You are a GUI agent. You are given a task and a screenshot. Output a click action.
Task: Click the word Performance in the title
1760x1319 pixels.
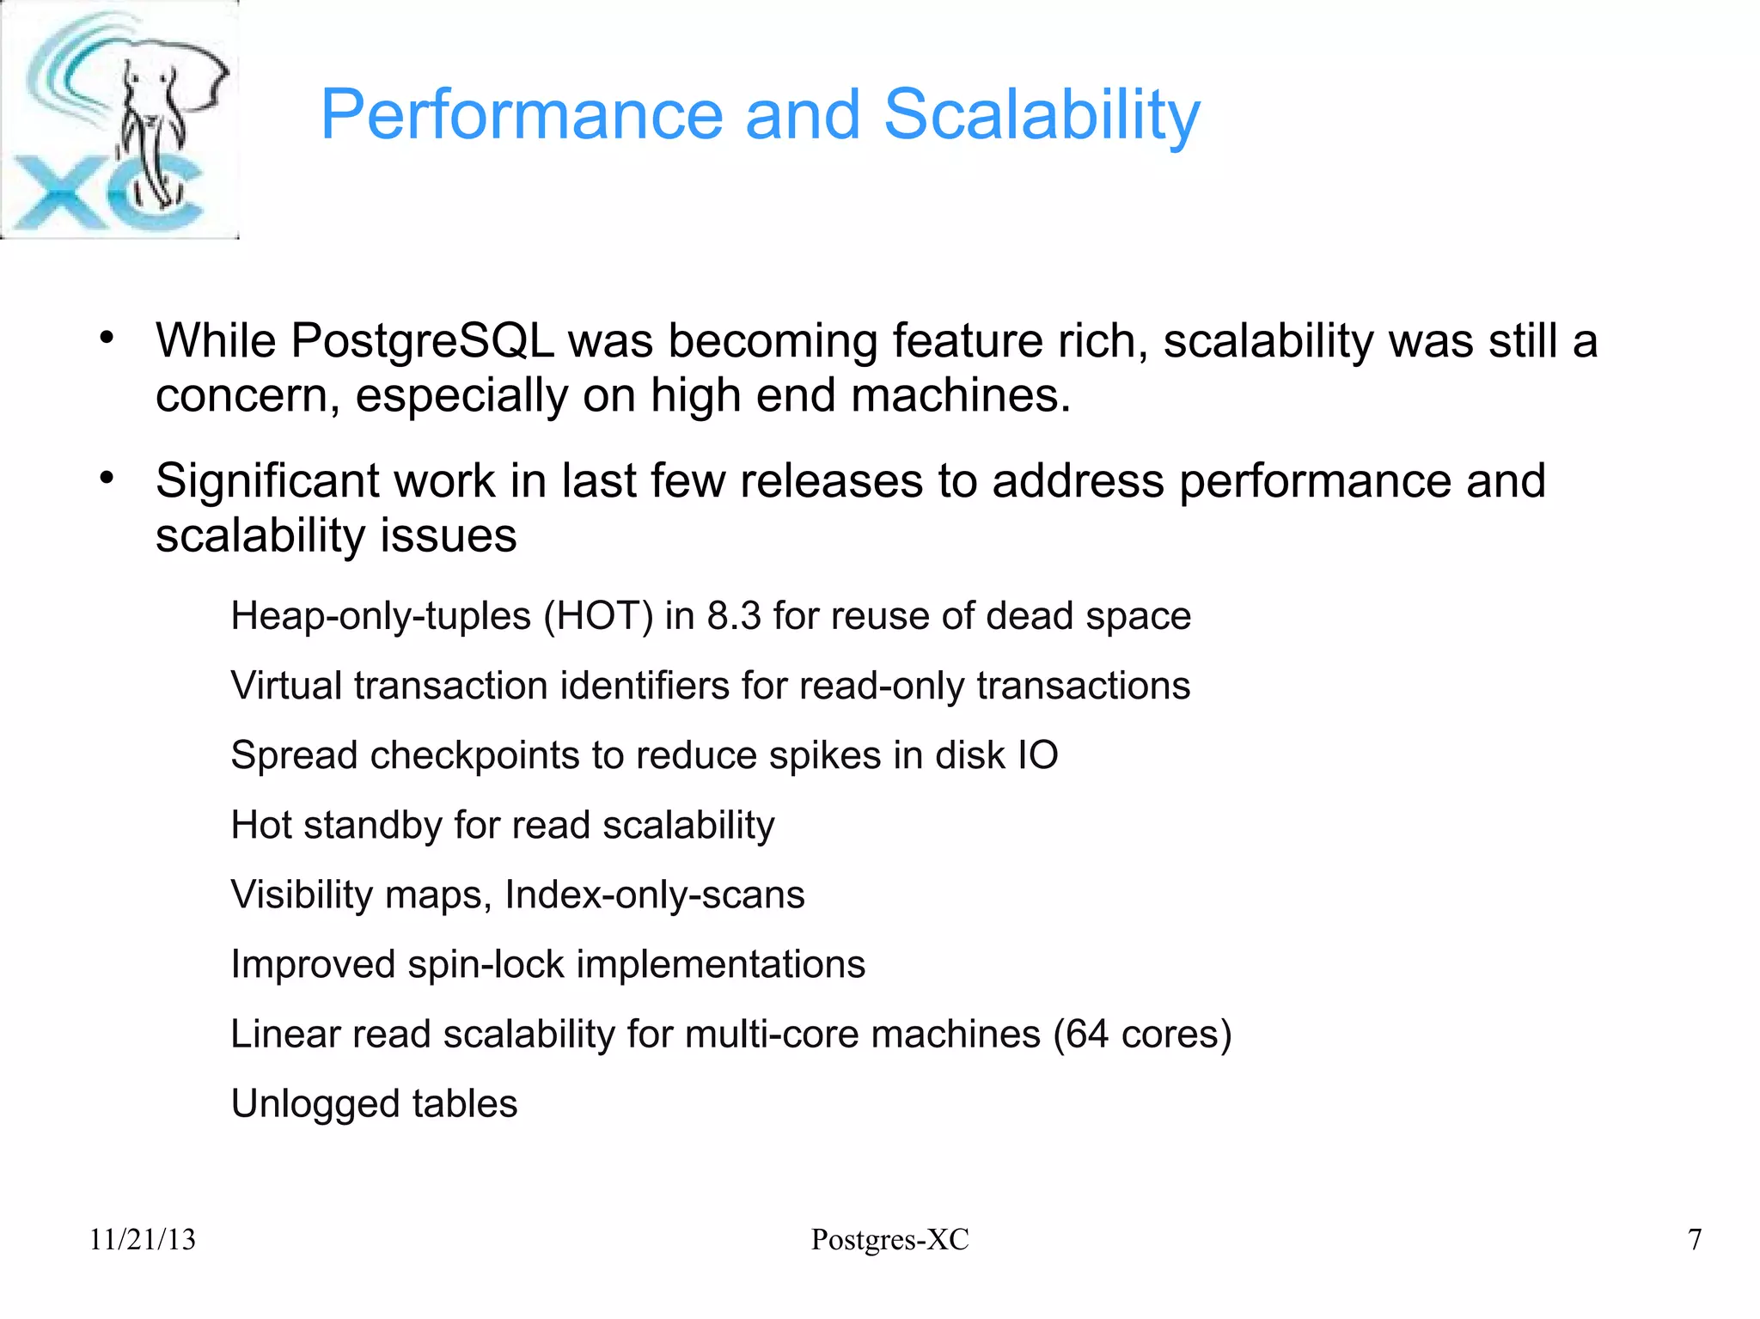tap(522, 115)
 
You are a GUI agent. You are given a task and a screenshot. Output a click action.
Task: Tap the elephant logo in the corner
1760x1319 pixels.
tap(119, 120)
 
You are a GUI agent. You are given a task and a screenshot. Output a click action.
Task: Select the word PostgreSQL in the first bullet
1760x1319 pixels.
tap(423, 341)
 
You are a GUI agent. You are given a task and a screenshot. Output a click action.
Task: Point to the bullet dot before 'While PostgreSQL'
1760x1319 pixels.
tap(106, 338)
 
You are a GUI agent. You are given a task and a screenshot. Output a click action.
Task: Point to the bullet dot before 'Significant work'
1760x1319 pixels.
tap(106, 478)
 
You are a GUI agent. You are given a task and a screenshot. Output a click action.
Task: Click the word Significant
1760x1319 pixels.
tap(266, 481)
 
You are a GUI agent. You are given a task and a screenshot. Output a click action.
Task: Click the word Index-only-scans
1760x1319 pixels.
tap(654, 895)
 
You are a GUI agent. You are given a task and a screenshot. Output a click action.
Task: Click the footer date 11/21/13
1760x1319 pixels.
tap(143, 1240)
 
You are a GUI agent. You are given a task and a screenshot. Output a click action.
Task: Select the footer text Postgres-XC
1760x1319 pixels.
tap(889, 1240)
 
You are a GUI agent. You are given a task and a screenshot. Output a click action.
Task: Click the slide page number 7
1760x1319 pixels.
tap(1695, 1240)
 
